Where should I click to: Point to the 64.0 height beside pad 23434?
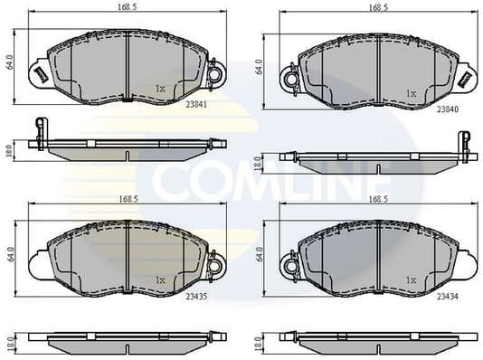click(x=260, y=257)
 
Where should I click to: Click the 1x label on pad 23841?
click(x=160, y=89)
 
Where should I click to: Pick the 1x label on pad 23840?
click(x=411, y=93)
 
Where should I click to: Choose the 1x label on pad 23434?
click(x=411, y=280)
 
